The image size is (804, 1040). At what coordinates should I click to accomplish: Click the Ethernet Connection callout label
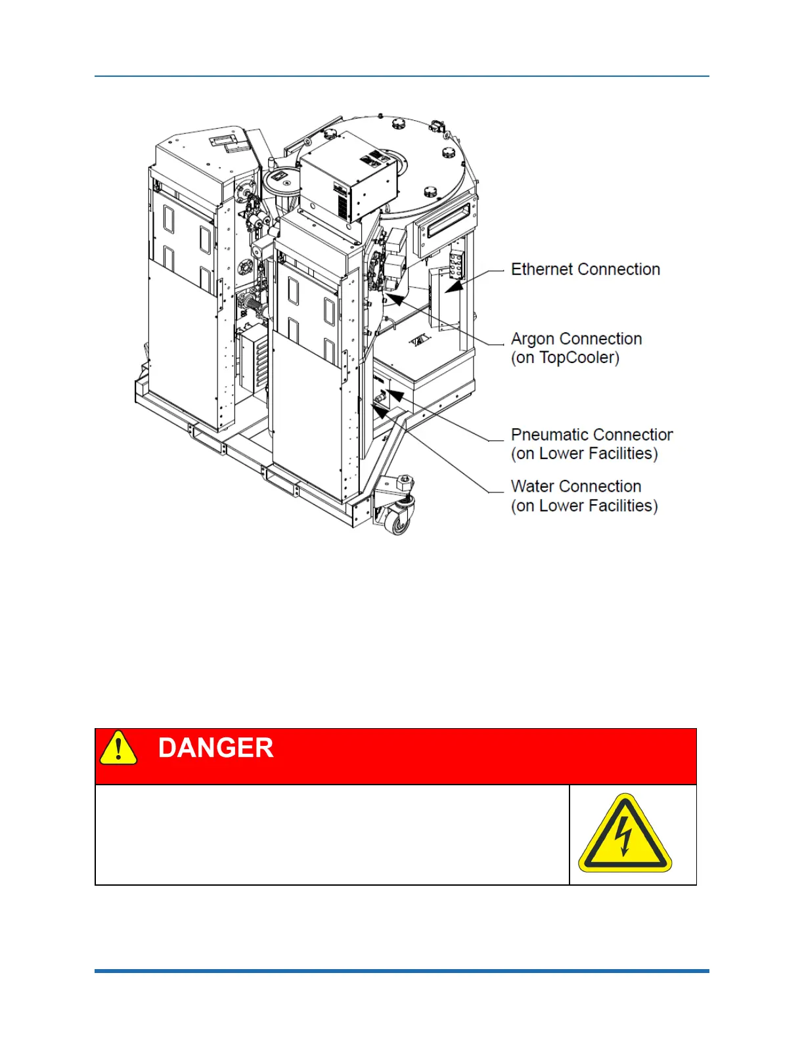pos(585,269)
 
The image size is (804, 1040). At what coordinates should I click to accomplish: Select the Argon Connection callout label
pos(576,339)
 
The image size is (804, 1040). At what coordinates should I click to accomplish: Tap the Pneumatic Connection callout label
pos(591,435)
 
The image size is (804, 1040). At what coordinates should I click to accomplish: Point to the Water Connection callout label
pos(576,487)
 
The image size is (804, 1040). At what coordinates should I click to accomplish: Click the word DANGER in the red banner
pos(215,748)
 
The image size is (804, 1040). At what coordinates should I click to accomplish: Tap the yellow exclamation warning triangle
pos(118,749)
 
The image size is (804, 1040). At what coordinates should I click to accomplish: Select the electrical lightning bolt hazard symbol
pos(625,834)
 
